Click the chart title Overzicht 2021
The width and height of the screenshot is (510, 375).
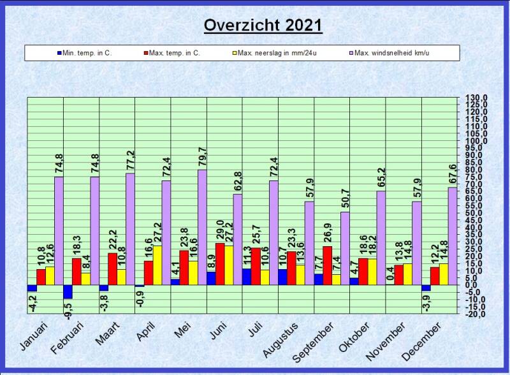click(x=263, y=26)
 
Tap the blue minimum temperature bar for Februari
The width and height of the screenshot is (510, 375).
click(x=68, y=291)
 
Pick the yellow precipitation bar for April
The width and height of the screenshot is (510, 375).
click(x=157, y=265)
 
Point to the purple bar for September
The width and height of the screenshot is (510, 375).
click(x=345, y=248)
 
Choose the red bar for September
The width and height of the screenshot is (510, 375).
click(x=327, y=265)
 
